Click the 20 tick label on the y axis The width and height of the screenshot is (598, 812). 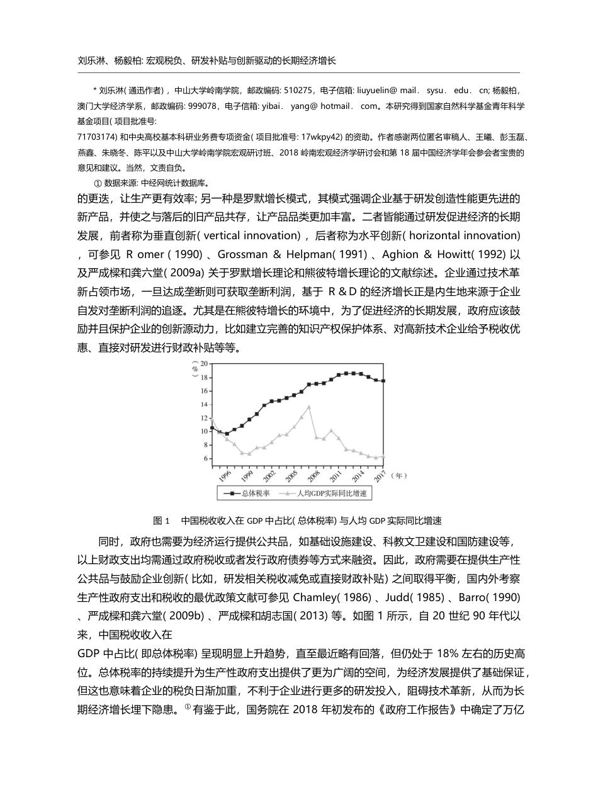204,364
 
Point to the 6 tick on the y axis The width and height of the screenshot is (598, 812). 205,458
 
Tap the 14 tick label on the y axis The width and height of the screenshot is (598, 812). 204,404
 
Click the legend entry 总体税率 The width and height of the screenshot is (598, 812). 256,493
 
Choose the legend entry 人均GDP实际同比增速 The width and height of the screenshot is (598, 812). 332,493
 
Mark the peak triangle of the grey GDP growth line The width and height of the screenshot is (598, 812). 309,407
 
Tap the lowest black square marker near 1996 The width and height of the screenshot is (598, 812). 227,434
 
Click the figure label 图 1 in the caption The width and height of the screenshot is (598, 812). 162,521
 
